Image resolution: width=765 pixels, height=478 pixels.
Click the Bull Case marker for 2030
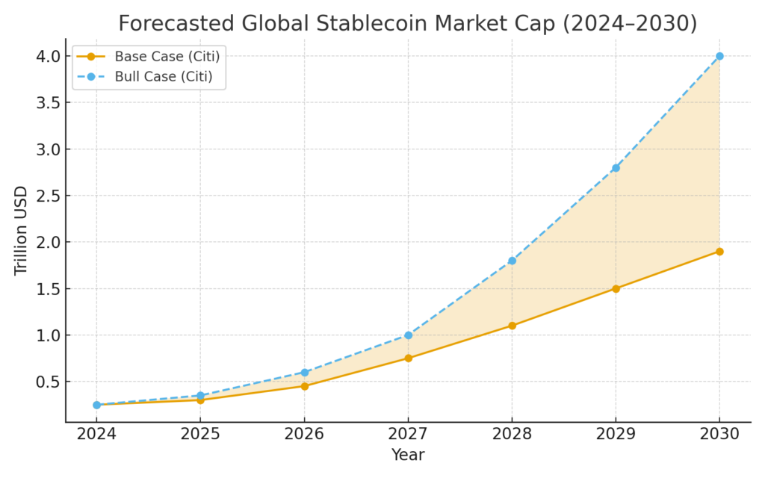719,56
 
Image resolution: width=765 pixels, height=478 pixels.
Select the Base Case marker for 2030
719,251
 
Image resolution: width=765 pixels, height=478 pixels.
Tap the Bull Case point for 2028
512,261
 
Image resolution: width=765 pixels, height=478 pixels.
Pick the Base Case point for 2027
408,358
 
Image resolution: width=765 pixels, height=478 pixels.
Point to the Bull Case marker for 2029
616,168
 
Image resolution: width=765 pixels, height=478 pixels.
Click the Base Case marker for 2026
304,386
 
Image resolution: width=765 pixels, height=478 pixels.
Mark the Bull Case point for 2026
304,372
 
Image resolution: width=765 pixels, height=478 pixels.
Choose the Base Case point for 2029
616,288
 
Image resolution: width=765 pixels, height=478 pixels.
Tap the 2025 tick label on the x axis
200,433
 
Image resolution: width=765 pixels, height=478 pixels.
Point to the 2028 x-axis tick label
512,433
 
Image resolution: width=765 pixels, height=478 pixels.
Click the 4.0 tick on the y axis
48,56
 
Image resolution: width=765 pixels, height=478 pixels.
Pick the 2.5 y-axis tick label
48,196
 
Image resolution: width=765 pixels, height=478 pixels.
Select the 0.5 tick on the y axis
48,382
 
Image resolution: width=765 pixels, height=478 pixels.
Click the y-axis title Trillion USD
21,230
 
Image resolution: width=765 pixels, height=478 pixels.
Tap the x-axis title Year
408,454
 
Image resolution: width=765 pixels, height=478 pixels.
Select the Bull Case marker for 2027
408,335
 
